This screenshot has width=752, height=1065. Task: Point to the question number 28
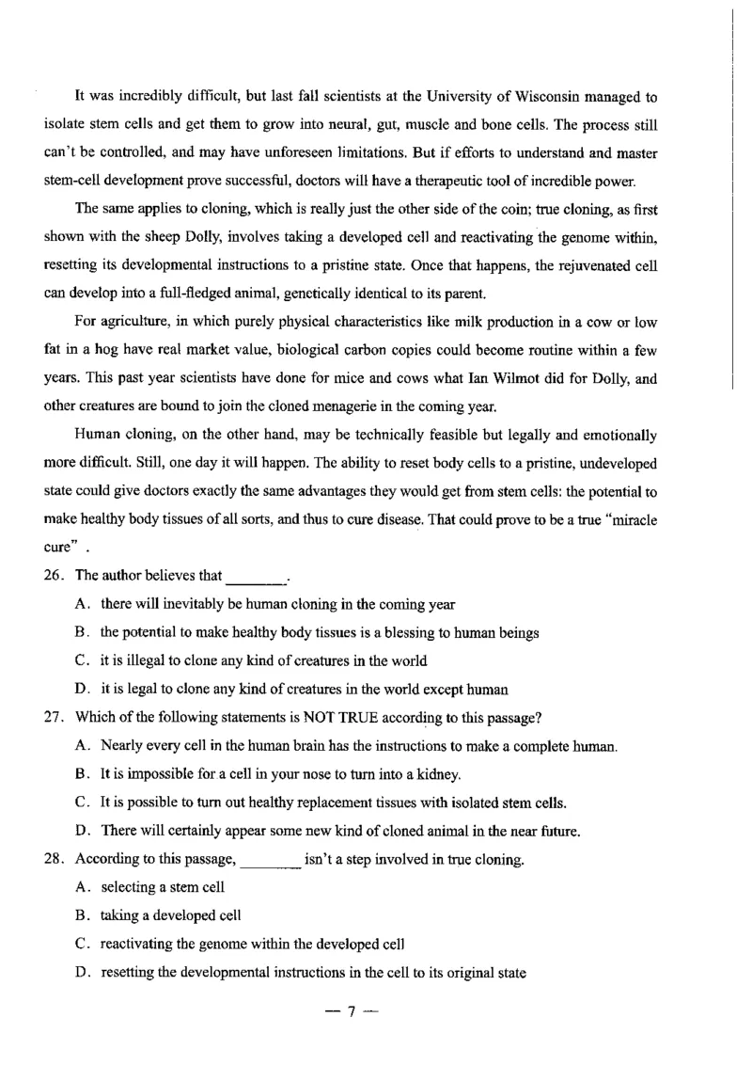click(x=54, y=859)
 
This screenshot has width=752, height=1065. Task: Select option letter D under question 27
click(x=80, y=831)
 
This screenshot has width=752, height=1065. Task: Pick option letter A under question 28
click(x=80, y=887)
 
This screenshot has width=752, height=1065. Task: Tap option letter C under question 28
click(x=80, y=944)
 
